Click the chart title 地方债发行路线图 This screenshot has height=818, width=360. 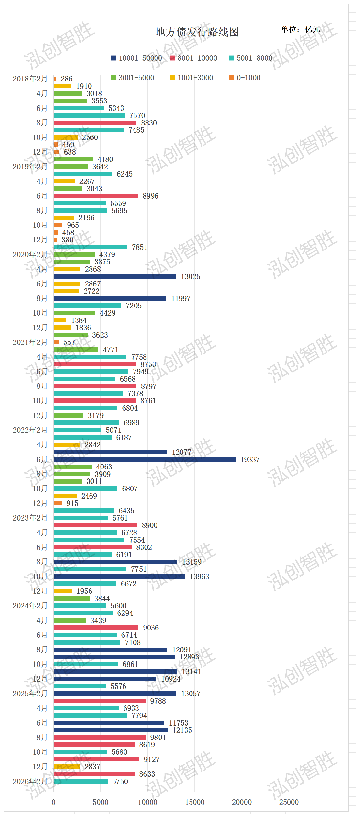tap(197, 32)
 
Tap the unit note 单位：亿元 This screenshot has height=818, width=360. tap(300, 30)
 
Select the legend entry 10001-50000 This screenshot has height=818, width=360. tap(136, 58)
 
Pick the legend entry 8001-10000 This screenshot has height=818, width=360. tap(193, 58)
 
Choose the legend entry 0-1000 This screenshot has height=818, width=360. tap(245, 78)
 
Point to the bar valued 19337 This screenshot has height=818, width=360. tap(145, 459)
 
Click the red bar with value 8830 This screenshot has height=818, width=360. tap(95, 123)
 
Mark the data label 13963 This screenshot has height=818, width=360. tap(199, 576)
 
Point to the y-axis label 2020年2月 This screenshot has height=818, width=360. tap(30, 254)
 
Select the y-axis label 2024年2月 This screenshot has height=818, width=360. tap(30, 606)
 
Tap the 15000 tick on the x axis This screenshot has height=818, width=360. tap(195, 802)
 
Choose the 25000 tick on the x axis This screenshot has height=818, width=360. tap(289, 802)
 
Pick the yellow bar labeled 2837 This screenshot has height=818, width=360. tap(67, 767)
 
